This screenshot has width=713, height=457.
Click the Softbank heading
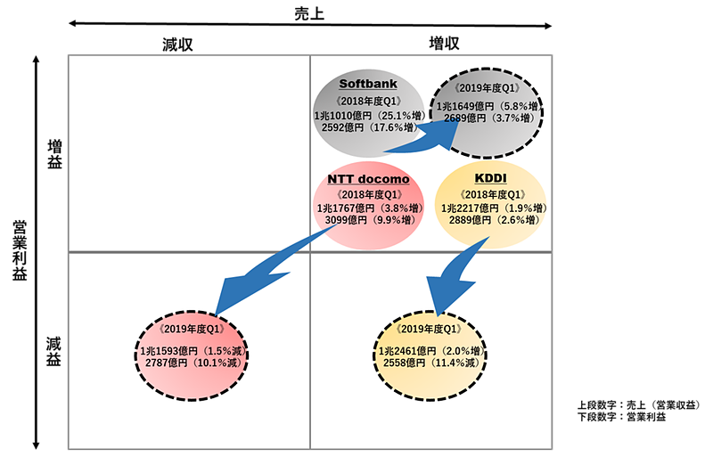368,85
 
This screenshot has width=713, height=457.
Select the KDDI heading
490,179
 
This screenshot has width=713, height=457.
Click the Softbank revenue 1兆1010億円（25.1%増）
367,116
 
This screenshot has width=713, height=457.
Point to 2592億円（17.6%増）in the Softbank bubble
368,127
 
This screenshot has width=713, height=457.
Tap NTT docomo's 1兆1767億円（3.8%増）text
368,208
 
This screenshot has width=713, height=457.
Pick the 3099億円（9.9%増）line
368,220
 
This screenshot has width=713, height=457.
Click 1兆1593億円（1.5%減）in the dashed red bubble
192,350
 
